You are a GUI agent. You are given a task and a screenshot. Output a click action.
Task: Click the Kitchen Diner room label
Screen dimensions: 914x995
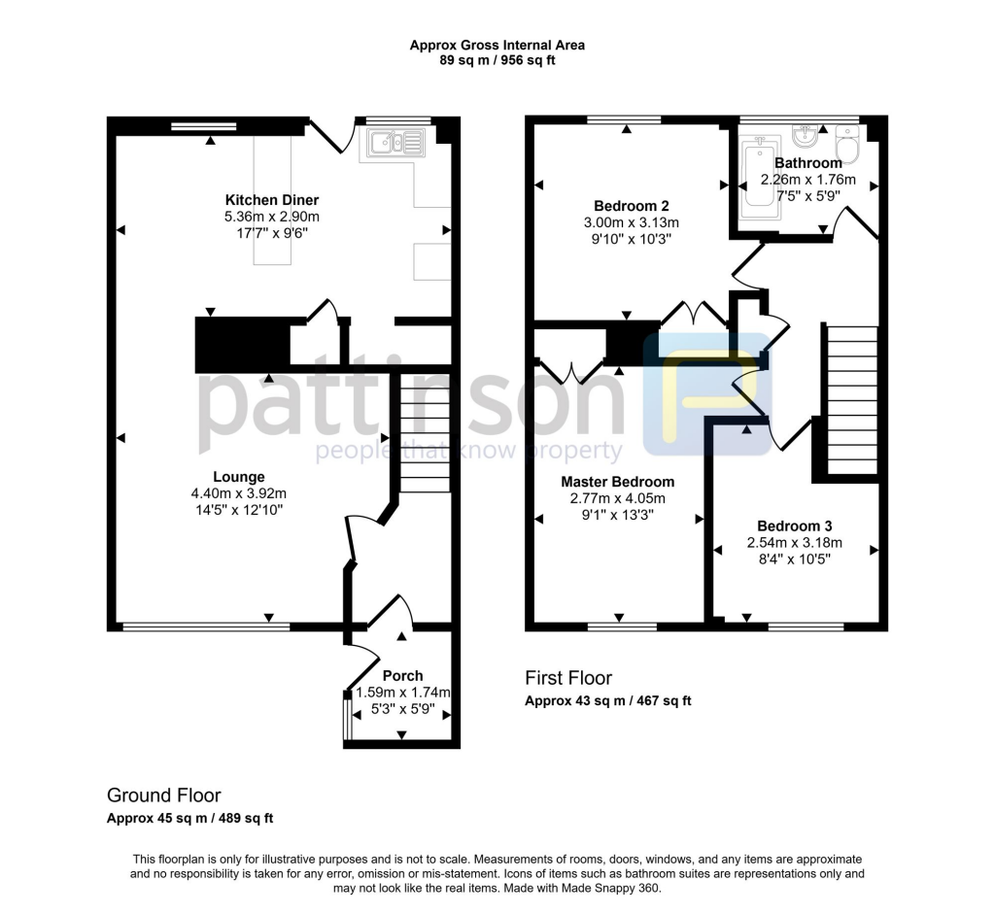pyautogui.click(x=272, y=200)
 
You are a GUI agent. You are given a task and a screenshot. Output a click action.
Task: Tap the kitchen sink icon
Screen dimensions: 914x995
pyautogui.click(x=396, y=144)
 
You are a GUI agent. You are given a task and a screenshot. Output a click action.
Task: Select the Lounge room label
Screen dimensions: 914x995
pyautogui.click(x=239, y=477)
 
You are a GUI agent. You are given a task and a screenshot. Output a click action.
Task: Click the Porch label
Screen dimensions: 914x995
pyautogui.click(x=402, y=676)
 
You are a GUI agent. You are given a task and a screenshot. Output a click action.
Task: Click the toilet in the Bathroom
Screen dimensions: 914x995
pyautogui.click(x=847, y=151)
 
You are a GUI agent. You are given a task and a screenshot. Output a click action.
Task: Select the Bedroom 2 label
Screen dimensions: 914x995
pyautogui.click(x=631, y=206)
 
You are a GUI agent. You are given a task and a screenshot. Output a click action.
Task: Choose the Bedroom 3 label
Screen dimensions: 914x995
pyautogui.click(x=795, y=525)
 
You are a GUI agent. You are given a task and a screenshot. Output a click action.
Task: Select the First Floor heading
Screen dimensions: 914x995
pyautogui.click(x=568, y=678)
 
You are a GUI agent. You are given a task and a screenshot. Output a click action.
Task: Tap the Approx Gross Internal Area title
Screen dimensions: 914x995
pyautogui.click(x=497, y=45)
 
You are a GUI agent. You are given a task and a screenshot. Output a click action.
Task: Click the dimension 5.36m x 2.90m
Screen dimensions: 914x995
pyautogui.click(x=272, y=217)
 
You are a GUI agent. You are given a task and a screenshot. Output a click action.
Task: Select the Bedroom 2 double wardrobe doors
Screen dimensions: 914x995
pyautogui.click(x=694, y=314)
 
